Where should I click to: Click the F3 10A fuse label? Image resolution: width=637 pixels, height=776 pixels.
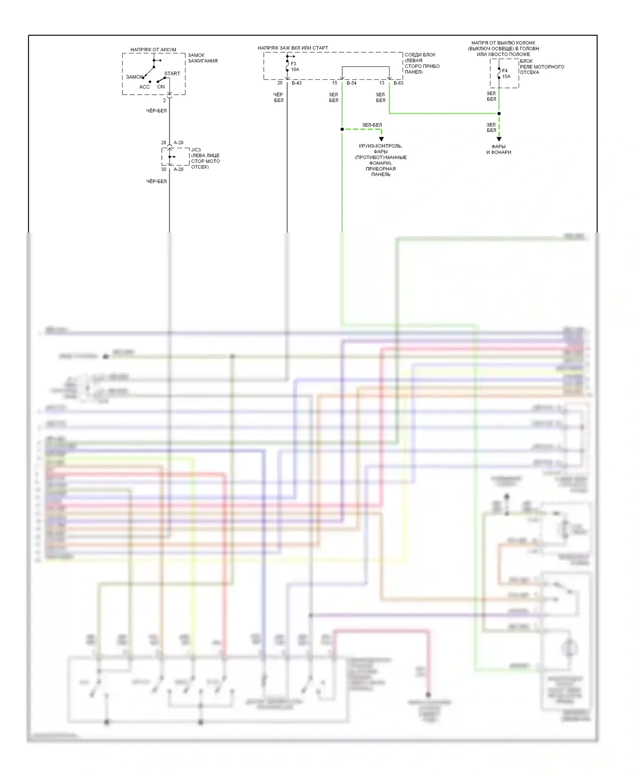tap(294, 67)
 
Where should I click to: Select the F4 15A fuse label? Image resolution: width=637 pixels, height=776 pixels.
tap(506, 73)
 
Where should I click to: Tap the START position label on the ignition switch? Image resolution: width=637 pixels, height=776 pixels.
tap(172, 73)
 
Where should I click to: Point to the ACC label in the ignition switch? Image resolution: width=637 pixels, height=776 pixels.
tap(144, 87)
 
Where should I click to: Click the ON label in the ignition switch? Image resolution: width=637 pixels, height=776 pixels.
tap(161, 87)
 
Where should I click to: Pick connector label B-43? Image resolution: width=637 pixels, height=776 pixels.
tap(296, 83)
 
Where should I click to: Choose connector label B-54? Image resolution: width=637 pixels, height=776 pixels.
tap(351, 83)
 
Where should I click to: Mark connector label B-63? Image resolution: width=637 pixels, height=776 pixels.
tap(398, 83)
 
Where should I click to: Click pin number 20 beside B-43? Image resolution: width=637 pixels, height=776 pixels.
tap(280, 83)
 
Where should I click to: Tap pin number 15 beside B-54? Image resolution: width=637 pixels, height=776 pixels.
tap(335, 83)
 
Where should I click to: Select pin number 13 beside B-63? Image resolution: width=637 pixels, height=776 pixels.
tap(382, 83)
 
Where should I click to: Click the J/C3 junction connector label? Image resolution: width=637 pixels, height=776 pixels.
tap(196, 150)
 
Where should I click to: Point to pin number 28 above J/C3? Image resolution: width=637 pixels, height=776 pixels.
tap(163, 143)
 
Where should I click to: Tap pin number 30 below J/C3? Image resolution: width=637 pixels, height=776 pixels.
tap(163, 169)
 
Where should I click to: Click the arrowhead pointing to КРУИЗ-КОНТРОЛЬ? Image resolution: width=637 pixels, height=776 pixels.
tap(381, 139)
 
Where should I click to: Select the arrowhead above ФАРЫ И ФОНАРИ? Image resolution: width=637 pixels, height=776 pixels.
tap(499, 139)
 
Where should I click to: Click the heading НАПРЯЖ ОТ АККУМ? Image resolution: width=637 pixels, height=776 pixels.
tap(153, 50)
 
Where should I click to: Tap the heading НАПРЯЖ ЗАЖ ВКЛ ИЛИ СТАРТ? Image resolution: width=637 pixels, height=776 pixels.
tap(293, 48)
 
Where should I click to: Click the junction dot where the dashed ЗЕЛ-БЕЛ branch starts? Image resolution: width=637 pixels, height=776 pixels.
tap(342, 129)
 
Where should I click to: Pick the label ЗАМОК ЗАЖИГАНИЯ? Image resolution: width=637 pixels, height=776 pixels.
tap(203, 58)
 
